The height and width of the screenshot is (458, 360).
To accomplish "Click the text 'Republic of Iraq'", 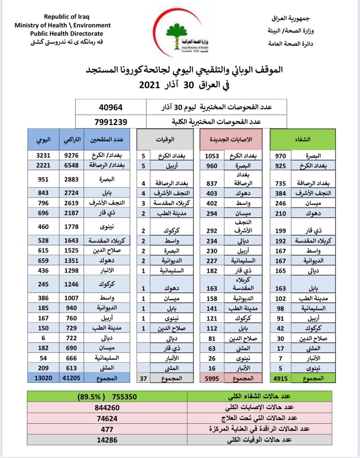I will (67, 16).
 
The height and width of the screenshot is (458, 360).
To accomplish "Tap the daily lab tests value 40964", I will (111, 107).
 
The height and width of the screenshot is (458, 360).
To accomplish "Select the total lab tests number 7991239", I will (111, 122).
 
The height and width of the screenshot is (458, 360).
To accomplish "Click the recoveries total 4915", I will (280, 378).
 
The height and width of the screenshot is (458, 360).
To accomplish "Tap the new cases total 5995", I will (212, 378).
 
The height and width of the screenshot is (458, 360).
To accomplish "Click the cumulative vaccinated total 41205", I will (71, 378).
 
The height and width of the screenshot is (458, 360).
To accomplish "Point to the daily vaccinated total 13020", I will (43, 378).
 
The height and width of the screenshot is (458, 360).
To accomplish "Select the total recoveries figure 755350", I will (125, 397).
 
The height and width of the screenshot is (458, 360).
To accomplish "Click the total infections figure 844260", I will (107, 408).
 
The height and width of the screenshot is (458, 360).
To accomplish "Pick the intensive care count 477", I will (107, 429).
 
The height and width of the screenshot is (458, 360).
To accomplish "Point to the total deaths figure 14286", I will (107, 440).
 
